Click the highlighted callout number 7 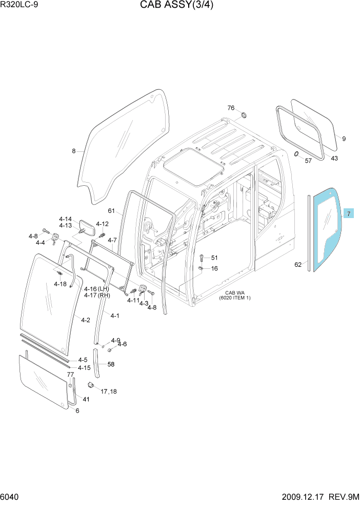pos(349,213)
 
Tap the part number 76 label pos(231,108)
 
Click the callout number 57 pos(308,161)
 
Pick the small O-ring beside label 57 pos(296,153)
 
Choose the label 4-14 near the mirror pos(65,219)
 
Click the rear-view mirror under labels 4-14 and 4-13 pos(87,227)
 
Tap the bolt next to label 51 pos(202,257)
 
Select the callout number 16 pos(214,268)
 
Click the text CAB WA pos(235,293)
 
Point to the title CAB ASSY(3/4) pos(177,5)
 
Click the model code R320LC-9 pos(19,5)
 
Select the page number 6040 pos(9,497)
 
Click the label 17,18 pos(109,391)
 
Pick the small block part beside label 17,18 pos(91,385)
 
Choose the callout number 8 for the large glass pos(74,151)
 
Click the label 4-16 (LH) pos(96,289)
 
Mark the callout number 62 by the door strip pos(298,265)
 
